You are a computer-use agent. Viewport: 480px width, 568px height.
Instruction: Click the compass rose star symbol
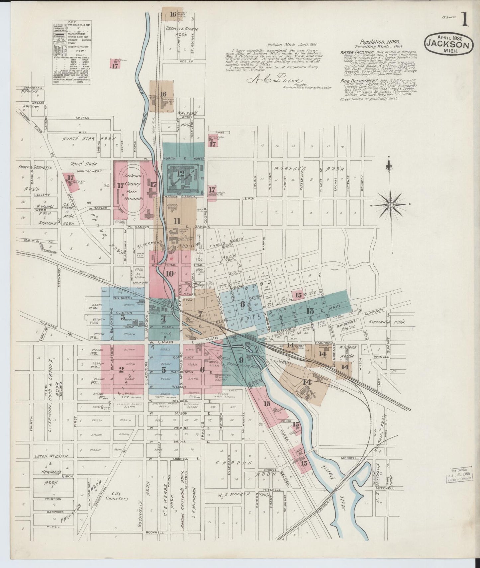391,205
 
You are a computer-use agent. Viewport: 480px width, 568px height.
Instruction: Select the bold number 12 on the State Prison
181,173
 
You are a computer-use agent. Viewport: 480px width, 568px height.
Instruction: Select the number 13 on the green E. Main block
310,311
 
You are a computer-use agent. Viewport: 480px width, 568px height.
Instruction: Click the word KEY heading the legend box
72,22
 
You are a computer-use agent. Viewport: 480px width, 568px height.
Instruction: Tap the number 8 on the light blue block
242,303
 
